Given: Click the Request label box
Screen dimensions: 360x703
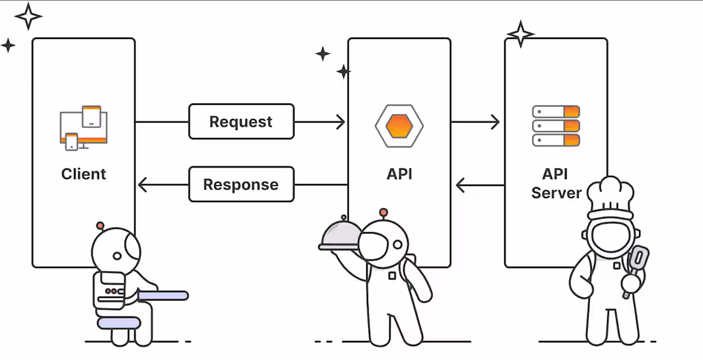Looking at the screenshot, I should pos(241,121).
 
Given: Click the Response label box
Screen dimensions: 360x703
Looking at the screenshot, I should pos(241,185).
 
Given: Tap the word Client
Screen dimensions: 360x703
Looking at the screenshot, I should pos(84,174).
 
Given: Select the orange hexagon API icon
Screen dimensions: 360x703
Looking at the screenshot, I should pos(399,125).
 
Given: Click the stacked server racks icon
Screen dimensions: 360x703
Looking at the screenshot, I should pos(555,126).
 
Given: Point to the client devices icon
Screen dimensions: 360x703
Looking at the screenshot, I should pos(83,127).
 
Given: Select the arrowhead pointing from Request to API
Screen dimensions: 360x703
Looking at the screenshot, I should pos(341,121).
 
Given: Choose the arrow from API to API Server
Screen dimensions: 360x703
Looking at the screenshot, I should pos(476,121).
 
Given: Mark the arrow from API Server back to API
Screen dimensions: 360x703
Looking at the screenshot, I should pos(479,186).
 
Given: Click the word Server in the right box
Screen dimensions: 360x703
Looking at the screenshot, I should pos(556,192).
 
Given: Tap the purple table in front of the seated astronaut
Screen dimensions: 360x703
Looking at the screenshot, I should pos(164,295).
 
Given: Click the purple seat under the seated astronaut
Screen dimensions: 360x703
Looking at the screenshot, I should pos(118,324).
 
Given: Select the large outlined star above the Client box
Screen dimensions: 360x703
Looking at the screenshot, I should pos(28,16).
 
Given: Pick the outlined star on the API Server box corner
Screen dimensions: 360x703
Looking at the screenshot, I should pos(521,33).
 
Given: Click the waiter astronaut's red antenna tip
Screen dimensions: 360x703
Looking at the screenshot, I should pos(383,212).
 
